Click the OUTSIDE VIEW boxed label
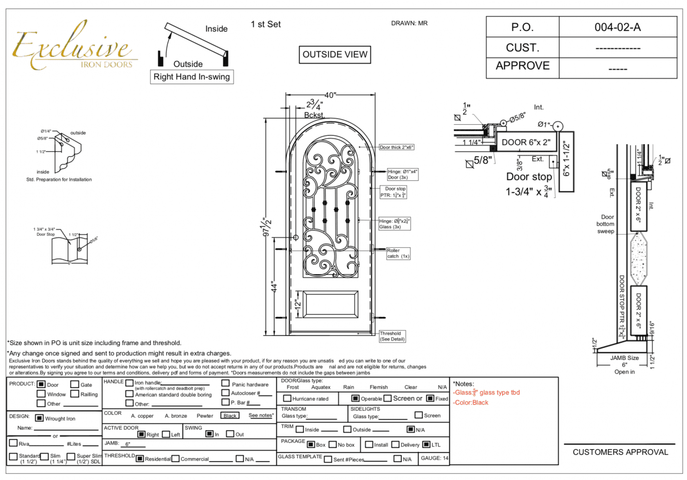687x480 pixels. [335, 54]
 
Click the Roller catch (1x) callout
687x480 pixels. [393, 253]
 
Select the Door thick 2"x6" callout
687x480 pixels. [396, 147]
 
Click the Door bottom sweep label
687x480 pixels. [607, 224]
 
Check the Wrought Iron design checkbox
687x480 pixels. [40, 418]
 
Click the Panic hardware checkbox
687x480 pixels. [226, 384]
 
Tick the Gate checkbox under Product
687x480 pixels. [74, 384]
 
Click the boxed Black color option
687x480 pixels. [231, 416]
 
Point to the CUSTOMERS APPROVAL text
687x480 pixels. [620, 452]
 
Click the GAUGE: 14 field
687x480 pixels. [435, 458]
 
